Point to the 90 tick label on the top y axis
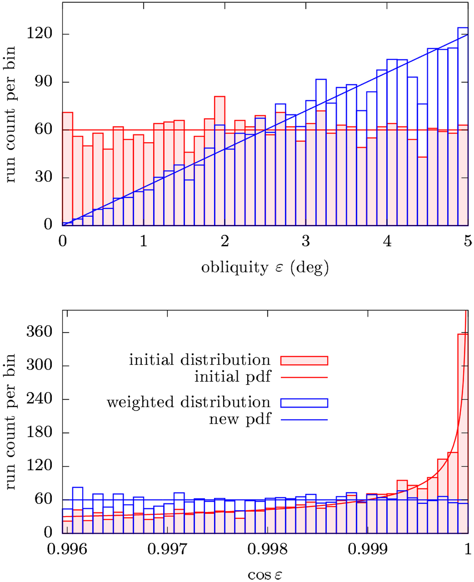43,81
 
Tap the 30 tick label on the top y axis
43,177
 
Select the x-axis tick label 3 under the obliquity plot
306,241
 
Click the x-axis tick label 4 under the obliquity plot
387,241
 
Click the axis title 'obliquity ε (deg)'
265,268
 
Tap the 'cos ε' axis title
265,574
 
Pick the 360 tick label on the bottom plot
39,332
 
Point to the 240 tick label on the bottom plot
39,399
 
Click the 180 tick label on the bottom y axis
39,432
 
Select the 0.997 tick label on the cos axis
167,549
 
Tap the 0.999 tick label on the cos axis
368,549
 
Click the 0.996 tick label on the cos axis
67,549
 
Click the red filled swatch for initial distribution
304,360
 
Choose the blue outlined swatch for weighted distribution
304,403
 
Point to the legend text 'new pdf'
240,419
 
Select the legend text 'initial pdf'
232,377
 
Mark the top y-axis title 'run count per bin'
10,115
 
